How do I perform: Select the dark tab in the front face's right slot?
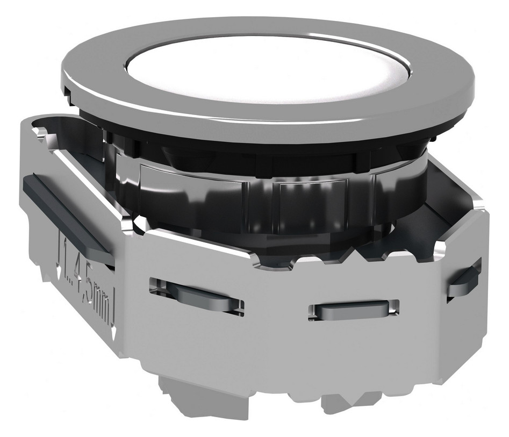352,311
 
